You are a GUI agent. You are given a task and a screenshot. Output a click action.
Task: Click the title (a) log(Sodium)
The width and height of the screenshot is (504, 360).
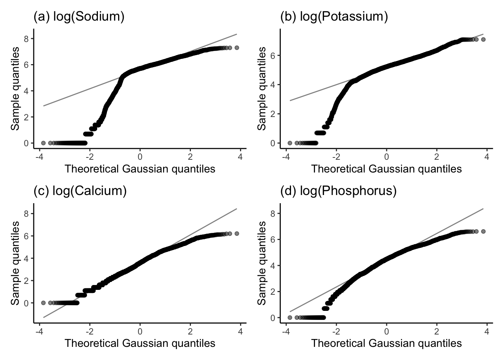click(79, 16)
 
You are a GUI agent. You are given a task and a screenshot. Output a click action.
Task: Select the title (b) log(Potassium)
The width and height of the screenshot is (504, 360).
click(334, 16)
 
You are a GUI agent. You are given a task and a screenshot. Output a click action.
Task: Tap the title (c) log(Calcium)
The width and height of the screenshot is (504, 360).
click(80, 191)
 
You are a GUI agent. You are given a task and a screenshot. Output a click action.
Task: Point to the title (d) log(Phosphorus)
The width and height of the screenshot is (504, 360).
click(338, 191)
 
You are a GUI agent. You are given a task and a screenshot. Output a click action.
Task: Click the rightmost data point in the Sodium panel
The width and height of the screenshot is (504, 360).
click(237, 48)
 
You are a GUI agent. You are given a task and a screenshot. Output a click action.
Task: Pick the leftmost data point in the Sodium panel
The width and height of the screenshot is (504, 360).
click(43, 143)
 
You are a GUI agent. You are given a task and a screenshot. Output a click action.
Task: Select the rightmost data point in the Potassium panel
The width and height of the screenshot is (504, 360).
click(483, 39)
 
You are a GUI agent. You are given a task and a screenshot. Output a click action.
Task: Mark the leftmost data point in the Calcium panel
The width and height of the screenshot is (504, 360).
click(43, 303)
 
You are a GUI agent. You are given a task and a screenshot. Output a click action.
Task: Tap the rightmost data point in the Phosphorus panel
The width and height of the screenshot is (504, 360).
click(483, 231)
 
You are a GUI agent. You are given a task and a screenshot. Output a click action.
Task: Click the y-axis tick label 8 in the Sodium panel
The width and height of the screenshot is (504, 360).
click(26, 39)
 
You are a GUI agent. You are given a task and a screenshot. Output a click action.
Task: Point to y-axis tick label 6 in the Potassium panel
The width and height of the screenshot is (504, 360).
click(273, 55)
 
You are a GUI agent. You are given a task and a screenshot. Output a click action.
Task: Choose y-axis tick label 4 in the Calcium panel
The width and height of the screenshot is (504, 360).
click(26, 258)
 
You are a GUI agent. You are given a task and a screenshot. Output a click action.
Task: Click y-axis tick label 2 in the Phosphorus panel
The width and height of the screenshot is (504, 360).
click(273, 292)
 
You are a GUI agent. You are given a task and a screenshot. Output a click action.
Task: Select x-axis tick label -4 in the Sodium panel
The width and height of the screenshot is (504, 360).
click(39, 157)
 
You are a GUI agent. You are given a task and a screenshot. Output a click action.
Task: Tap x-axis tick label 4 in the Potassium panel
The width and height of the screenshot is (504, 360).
click(487, 157)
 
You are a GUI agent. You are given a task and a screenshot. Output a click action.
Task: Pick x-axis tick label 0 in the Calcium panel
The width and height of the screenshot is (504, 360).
click(140, 331)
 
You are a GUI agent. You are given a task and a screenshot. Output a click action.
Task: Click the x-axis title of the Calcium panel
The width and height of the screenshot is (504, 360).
click(140, 343)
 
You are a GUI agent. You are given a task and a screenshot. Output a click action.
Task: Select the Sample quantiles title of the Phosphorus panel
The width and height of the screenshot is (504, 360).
click(261, 263)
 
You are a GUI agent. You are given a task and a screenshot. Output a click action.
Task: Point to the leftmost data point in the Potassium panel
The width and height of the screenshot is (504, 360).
click(289, 143)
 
